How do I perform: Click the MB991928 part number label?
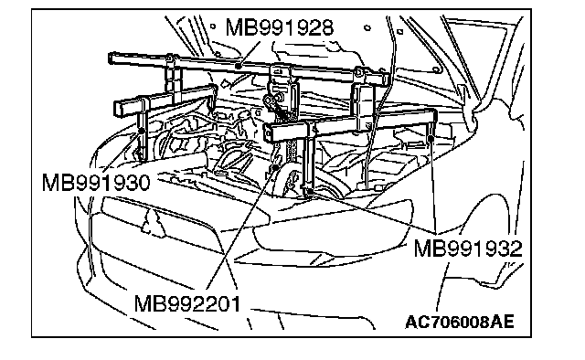[280, 27]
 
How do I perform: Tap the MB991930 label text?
[96, 183]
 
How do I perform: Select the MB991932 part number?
[468, 249]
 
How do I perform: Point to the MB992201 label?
[187, 303]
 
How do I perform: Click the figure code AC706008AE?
[459, 322]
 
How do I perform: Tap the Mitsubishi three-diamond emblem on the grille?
[153, 222]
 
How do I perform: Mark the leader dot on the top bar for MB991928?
[238, 67]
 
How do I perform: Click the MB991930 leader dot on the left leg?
[142, 131]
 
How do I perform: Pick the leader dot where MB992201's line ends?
[276, 167]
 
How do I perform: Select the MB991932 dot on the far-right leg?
[431, 139]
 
